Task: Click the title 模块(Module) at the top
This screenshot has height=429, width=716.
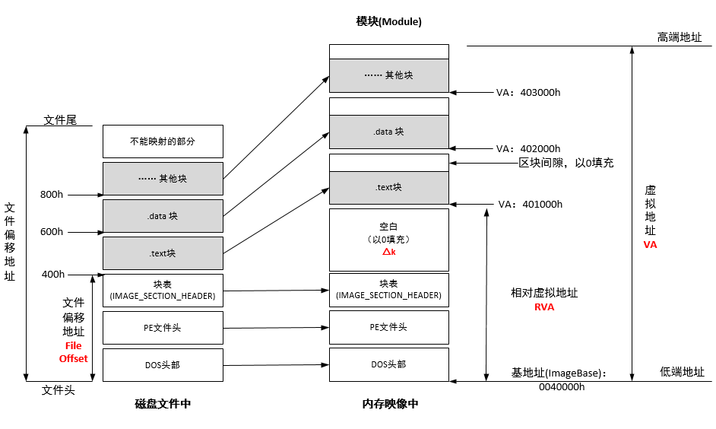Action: tap(388, 21)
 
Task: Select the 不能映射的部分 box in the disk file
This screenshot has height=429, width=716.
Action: tap(163, 141)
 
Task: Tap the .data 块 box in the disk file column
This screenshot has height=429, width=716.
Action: tap(163, 216)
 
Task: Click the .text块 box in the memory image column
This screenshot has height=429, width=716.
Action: tap(388, 188)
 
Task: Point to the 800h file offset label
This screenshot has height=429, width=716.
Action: tap(52, 195)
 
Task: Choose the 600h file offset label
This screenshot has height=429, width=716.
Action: tap(52, 232)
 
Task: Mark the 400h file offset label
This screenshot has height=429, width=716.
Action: tap(52, 274)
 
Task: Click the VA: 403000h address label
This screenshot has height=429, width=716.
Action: tap(528, 93)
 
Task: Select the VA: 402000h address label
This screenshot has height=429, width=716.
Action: tap(528, 148)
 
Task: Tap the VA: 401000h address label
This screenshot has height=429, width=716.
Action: tap(530, 205)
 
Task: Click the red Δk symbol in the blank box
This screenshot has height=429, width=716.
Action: tap(388, 252)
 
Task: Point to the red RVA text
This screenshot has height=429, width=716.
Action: tap(544, 307)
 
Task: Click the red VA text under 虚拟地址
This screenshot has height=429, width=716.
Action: tap(650, 245)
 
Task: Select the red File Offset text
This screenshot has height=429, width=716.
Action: tap(74, 352)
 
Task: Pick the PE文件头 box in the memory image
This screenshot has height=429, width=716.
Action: tap(388, 327)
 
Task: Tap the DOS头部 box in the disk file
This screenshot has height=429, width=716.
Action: tap(163, 365)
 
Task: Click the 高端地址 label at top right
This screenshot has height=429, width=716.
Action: tap(680, 37)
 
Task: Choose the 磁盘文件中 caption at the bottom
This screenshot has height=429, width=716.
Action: tap(163, 404)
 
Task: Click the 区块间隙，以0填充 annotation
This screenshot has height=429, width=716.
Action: tap(566, 163)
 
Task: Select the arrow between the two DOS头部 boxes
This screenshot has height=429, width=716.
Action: tap(276, 365)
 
